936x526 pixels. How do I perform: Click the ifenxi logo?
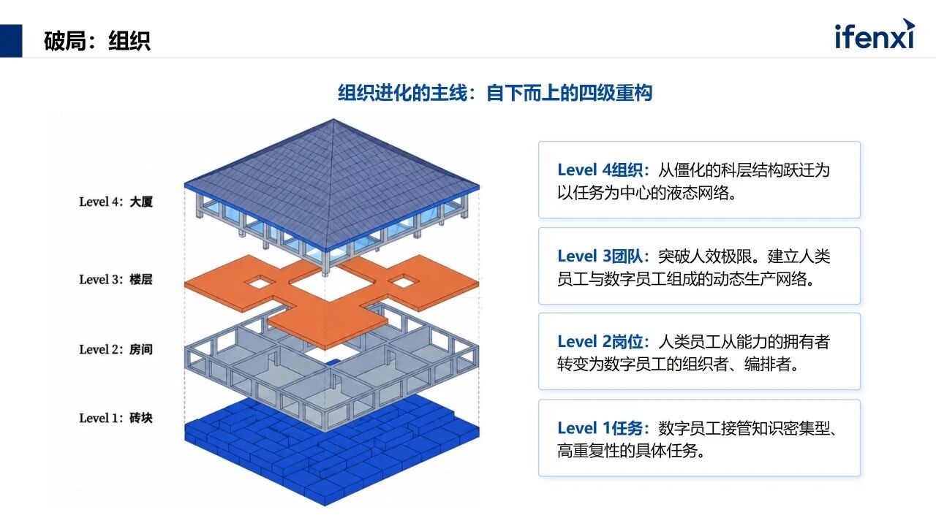coord(875,34)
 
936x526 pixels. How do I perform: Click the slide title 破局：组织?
coord(97,41)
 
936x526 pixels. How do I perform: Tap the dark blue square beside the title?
coord(11,40)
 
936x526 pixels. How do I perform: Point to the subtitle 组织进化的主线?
coord(402,93)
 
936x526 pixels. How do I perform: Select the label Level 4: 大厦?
coord(116,202)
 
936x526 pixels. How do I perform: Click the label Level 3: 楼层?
coord(116,279)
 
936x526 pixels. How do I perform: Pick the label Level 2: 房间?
coord(116,349)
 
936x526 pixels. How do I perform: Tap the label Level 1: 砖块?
coord(116,417)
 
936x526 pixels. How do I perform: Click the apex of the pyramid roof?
coord(333,119)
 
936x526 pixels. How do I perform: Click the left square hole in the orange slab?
coord(259,283)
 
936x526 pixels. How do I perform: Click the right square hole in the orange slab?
coord(404,282)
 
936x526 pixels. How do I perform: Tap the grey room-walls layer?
coord(234,367)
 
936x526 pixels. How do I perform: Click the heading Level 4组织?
coord(603,170)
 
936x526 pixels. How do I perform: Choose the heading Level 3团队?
coord(603,256)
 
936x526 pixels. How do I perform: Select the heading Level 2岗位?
coord(603,342)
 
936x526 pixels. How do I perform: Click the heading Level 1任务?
coord(603,428)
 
